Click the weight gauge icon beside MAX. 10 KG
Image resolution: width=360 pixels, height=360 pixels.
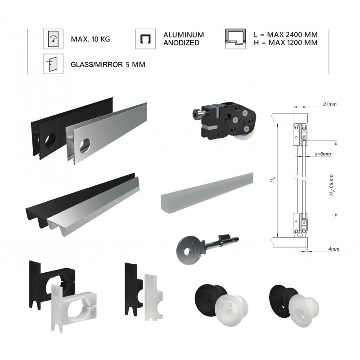(53, 39)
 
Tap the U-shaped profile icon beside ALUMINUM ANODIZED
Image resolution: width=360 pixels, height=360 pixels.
(145, 39)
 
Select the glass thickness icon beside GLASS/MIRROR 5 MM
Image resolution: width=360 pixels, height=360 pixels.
(53, 64)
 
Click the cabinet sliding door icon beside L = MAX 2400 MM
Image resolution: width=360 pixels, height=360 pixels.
(235, 39)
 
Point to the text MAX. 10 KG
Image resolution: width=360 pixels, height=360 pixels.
(90, 39)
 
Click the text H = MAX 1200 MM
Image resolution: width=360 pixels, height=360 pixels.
(286, 43)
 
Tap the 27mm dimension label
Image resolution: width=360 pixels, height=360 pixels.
(330, 104)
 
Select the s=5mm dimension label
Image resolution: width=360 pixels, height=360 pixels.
(323, 154)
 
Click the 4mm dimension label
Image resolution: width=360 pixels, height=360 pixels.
(333, 249)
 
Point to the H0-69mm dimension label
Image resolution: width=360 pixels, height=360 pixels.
(332, 185)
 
